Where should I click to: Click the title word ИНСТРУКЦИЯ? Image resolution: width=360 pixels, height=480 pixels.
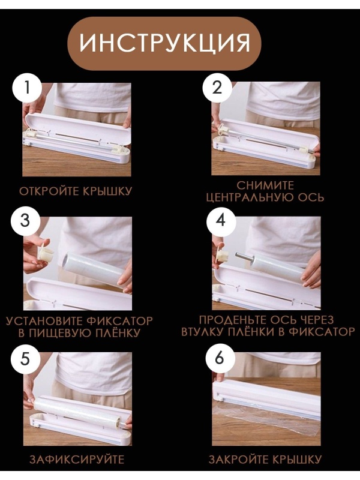click(164, 43)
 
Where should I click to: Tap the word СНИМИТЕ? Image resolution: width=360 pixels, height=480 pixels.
click(265, 185)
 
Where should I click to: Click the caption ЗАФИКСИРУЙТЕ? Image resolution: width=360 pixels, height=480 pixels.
click(77, 460)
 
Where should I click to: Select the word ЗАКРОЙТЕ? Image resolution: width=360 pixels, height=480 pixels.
click(237, 460)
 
